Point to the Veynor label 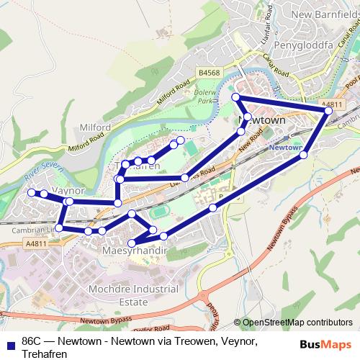[x=69, y=190]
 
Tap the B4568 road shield [x=209, y=73]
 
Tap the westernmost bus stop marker [x=31, y=193]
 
